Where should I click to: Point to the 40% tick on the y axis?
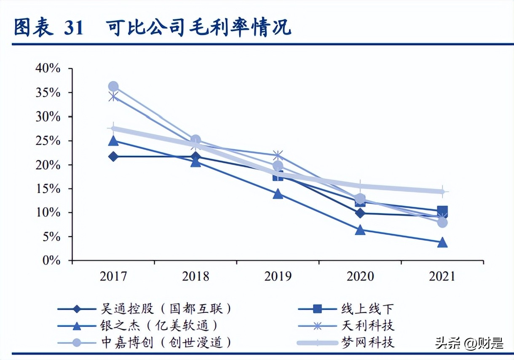click(48, 69)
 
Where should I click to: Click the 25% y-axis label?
click(48, 141)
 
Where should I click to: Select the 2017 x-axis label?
click(113, 277)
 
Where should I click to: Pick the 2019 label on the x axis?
click(278, 277)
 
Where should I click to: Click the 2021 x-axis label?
click(442, 277)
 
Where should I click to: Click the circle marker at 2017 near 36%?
click(113, 87)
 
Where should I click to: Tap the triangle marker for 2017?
click(113, 141)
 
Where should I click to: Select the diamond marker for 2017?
click(113, 156)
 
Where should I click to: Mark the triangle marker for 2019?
click(278, 194)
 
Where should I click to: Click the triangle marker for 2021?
click(442, 243)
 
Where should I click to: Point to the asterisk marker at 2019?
click(278, 155)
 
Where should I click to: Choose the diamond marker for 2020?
click(360, 213)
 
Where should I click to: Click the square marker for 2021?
click(442, 211)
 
